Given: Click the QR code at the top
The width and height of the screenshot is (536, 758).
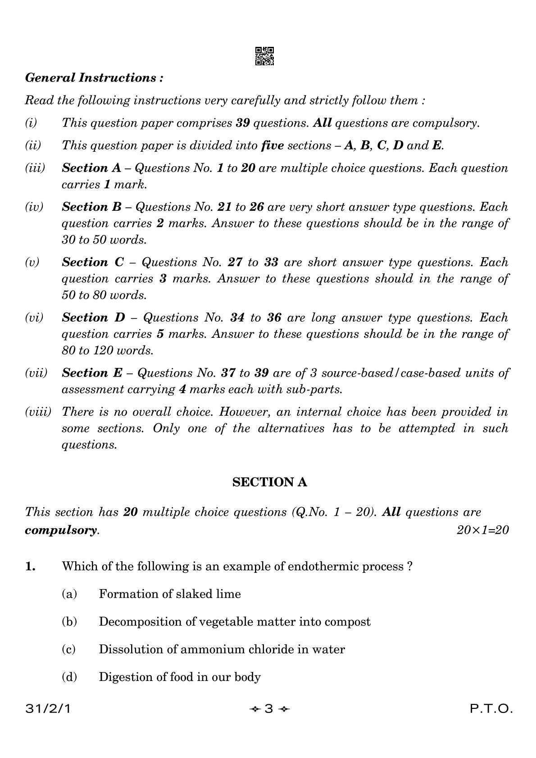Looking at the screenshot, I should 264,56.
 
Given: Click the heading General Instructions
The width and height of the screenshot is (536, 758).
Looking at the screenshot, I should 94,78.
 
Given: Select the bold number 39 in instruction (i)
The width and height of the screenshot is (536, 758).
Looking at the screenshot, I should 243,123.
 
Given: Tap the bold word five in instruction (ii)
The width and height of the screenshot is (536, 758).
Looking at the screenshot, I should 272,145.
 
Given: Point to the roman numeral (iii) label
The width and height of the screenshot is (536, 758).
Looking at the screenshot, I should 35,168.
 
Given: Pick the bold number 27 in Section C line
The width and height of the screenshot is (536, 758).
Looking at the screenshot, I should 235,262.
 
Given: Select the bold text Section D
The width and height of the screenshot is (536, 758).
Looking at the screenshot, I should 93,318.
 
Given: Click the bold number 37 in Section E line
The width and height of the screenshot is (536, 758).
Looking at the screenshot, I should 228,373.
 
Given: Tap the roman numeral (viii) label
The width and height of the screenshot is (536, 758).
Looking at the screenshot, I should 38,412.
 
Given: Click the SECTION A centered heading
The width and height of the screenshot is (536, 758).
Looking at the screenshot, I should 269,482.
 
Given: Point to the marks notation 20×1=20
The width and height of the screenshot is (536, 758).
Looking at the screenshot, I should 482,530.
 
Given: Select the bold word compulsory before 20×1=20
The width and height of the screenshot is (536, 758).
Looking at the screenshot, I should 61,530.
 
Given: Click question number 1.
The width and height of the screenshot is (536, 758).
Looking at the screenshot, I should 30,567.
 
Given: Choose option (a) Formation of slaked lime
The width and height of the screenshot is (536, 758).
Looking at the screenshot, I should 169,594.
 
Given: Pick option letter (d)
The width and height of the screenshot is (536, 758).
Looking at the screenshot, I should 69,677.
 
